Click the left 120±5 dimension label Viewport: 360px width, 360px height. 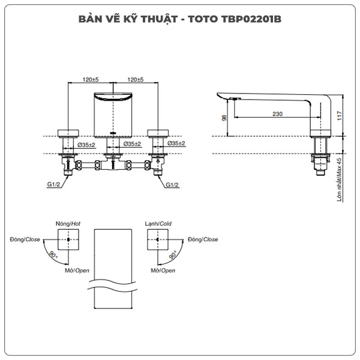[91, 79]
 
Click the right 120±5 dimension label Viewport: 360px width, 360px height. [135, 79]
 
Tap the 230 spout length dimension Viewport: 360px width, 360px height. [278, 113]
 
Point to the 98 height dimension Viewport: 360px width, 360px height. [225, 118]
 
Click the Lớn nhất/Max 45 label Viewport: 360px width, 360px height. [339, 179]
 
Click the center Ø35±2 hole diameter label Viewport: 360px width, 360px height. [132, 144]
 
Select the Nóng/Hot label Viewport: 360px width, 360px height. [68, 224]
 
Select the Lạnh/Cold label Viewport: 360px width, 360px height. [158, 224]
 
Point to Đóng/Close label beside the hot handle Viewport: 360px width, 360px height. [25, 239]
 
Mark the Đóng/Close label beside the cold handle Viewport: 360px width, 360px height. [203, 239]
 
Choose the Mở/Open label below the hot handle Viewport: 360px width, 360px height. [77, 271]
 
